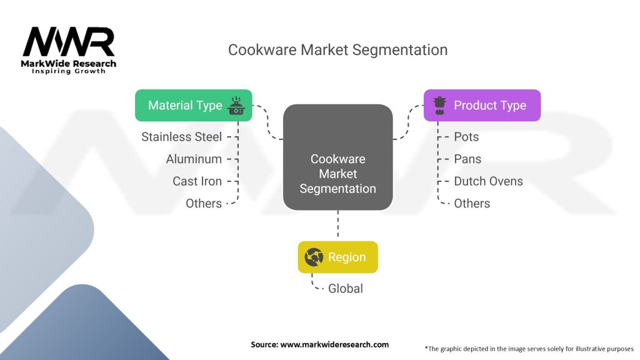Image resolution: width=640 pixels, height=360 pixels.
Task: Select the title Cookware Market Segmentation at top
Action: coord(337,50)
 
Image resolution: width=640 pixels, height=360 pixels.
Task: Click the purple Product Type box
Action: coord(482,105)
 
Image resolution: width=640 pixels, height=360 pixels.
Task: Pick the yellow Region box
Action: coord(337,257)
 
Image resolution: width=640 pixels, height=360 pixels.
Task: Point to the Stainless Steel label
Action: coord(181,137)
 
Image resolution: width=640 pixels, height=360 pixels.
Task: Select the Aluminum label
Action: coord(194,159)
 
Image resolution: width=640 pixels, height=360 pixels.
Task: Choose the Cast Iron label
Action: coord(197,181)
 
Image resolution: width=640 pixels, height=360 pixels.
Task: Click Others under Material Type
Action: coord(204,204)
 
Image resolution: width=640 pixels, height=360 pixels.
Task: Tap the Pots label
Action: coord(466,137)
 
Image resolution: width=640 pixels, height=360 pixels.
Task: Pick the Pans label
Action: coord(467,159)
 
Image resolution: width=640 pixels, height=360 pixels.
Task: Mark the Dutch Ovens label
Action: coord(488,181)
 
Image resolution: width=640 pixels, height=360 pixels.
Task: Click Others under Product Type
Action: coord(472,204)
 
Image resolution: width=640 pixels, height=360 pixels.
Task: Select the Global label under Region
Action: coord(346,289)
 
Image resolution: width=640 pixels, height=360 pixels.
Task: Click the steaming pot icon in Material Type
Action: coord(236,104)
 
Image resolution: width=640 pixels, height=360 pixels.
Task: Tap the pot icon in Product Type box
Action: coord(439,104)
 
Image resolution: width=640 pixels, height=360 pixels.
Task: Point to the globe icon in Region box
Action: coord(313,257)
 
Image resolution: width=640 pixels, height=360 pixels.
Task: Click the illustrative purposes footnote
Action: coord(529,348)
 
